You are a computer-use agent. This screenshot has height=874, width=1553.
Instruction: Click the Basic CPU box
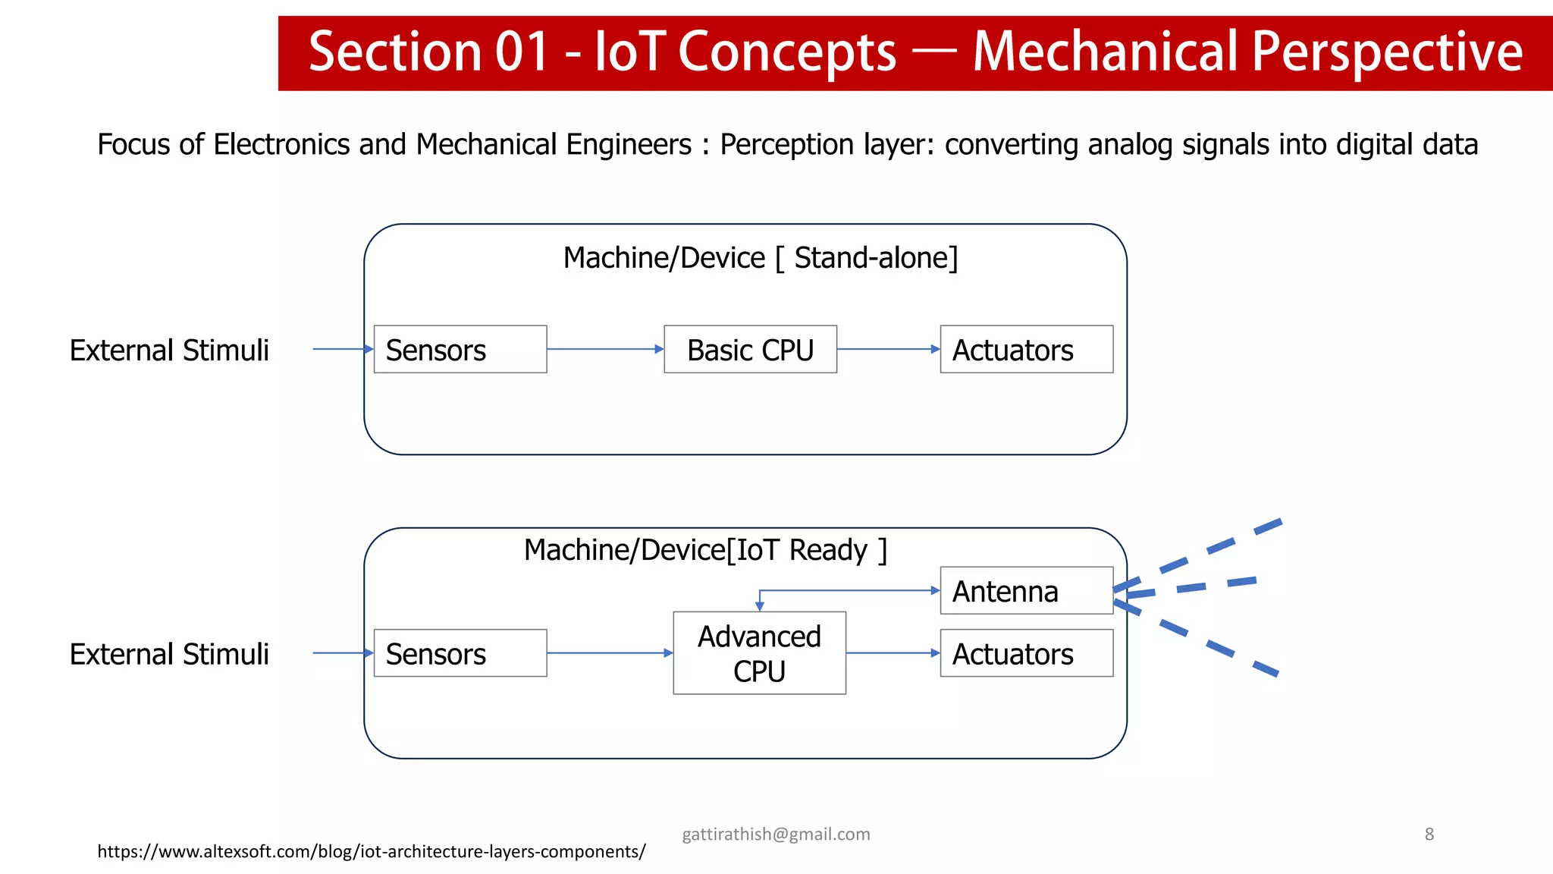coord(750,349)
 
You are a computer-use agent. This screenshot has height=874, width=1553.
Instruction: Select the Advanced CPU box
coord(759,653)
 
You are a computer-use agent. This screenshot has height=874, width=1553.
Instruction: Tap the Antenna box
coord(1026,590)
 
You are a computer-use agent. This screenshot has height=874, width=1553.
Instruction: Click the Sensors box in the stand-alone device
coord(460,349)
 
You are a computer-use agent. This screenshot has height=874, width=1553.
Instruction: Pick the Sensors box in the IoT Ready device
coord(460,653)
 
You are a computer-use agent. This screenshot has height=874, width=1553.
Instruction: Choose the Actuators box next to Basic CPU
coord(1026,349)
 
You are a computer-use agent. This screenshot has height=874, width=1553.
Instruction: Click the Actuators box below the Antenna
coord(1026,653)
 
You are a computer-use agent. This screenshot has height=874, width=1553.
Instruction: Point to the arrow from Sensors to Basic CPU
coord(604,349)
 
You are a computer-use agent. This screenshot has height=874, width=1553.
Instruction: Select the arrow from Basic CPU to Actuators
coord(888,349)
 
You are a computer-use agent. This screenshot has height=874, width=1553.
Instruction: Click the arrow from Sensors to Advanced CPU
coord(609,653)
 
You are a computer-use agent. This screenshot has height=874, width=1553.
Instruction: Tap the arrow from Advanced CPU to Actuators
coord(893,653)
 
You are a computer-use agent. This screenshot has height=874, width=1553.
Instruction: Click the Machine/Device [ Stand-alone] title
coord(760,258)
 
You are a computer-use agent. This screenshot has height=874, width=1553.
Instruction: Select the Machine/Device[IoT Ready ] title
coord(705,550)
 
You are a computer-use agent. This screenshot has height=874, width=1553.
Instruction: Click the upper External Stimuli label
coord(169,351)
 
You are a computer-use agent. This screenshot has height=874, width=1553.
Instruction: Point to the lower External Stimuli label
coord(169,655)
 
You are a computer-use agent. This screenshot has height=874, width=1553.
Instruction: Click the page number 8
coord(1429,835)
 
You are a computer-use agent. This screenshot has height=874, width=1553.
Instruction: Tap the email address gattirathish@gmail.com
coord(776,835)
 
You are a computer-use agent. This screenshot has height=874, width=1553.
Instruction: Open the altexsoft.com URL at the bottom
coord(372,852)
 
